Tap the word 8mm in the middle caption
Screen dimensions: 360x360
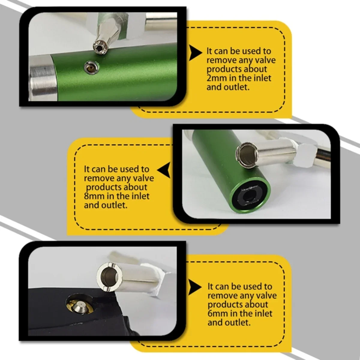93,196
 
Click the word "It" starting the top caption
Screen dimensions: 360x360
209,51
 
